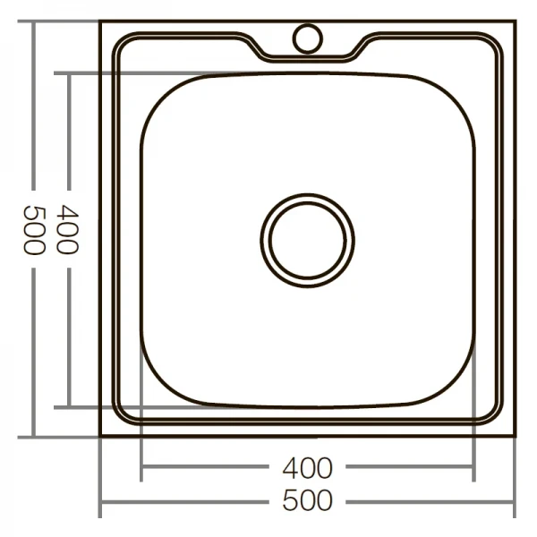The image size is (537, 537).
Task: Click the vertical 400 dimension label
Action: (x=68, y=230)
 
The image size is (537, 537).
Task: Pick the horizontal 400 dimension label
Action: (x=307, y=468)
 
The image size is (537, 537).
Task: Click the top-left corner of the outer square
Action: (x=100, y=21)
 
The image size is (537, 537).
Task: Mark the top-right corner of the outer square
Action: (x=515, y=21)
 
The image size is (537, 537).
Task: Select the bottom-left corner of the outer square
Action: (x=100, y=436)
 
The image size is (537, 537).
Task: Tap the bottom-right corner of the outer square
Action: (x=515, y=436)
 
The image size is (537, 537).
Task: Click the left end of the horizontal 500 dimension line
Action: (x=100, y=501)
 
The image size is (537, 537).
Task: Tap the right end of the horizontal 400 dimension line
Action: (x=473, y=468)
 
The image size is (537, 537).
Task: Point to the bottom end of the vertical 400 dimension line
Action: (x=68, y=407)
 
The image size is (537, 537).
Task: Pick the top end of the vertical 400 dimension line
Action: (x=68, y=73)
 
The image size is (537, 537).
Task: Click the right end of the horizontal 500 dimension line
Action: (x=515, y=501)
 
